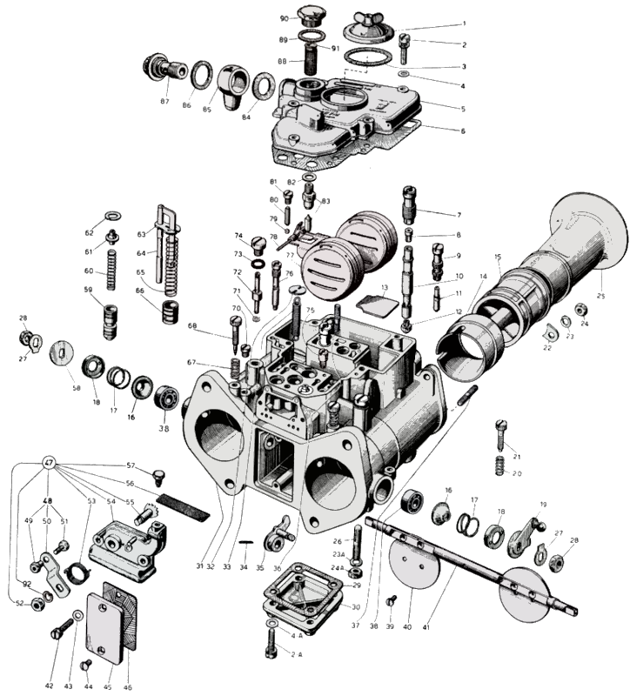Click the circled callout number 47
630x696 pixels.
[x=48, y=464]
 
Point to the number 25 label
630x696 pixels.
[x=600, y=296]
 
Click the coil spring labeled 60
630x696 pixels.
[x=111, y=268]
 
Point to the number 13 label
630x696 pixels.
[x=384, y=286]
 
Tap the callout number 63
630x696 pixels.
[x=141, y=234]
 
